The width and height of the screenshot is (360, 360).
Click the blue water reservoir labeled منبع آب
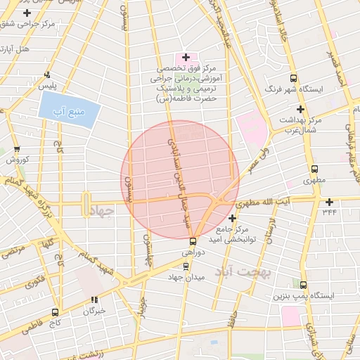(69, 110)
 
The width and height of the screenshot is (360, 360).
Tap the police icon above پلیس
(47, 75)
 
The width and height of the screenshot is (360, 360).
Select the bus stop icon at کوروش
(17, 149)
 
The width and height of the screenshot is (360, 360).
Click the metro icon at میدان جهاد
(186, 266)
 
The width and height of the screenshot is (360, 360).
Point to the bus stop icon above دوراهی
(193, 240)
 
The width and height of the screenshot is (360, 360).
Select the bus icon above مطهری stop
(314, 169)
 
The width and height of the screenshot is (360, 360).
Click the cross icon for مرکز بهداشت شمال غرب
(300, 109)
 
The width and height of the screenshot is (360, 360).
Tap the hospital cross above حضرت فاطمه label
(186, 57)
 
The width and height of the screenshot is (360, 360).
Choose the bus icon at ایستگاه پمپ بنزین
(303, 285)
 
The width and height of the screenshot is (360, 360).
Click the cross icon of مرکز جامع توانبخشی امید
(232, 219)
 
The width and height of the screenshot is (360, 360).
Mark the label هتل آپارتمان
(15, 49)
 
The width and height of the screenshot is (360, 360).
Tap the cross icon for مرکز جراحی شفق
(27, 13)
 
